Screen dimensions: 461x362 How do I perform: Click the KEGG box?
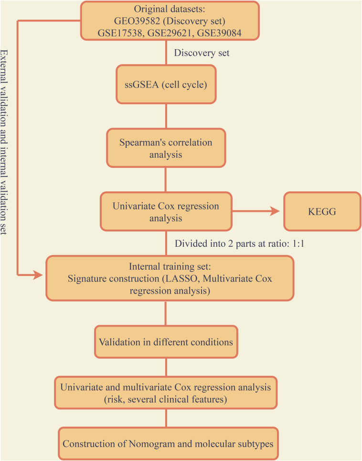click(x=322, y=211)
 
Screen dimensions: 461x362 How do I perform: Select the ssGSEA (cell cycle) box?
click(x=166, y=85)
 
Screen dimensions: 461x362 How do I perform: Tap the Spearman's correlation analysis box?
click(x=166, y=148)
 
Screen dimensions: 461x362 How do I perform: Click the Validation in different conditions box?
click(x=166, y=342)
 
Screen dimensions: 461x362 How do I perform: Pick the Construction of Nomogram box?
click(x=168, y=444)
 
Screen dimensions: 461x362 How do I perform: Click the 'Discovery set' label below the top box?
click(x=202, y=53)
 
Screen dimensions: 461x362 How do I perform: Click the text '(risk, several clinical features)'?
click(x=166, y=399)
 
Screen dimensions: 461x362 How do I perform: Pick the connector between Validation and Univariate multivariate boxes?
click(x=166, y=367)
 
